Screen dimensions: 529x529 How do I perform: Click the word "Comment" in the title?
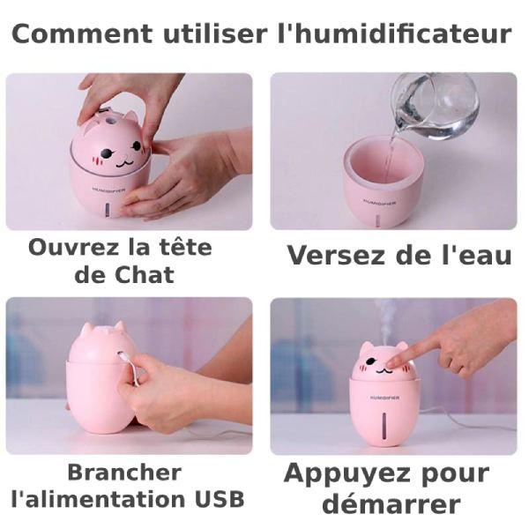pyautogui.click(x=82, y=34)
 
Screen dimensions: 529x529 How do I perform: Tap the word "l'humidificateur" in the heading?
pyautogui.click(x=394, y=34)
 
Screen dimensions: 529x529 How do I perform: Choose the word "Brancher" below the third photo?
pyautogui.click(x=124, y=473)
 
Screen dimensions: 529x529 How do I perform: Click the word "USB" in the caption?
pyautogui.click(x=220, y=499)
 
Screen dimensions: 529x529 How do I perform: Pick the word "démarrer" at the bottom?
pyautogui.click(x=391, y=503)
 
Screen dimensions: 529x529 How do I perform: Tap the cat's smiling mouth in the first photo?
pyautogui.click(x=123, y=162)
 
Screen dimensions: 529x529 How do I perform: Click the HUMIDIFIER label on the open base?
pyautogui.click(x=380, y=202)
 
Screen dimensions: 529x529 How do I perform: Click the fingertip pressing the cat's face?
pyautogui.click(x=391, y=364)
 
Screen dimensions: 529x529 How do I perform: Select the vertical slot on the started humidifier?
pyautogui.click(x=384, y=427)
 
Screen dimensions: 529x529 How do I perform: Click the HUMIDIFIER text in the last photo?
pyautogui.click(x=384, y=399)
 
